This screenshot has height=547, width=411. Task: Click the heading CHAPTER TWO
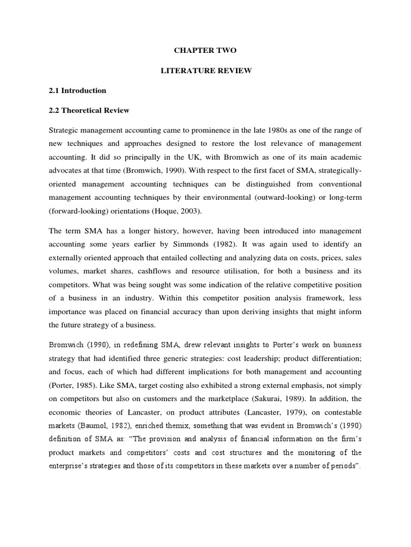(x=205, y=51)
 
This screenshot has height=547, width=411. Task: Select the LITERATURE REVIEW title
(x=205, y=71)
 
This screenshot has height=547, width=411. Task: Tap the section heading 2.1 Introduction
(x=78, y=91)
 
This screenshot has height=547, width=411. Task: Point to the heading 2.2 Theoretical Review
(x=89, y=111)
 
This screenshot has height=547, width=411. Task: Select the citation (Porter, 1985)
(x=73, y=385)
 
